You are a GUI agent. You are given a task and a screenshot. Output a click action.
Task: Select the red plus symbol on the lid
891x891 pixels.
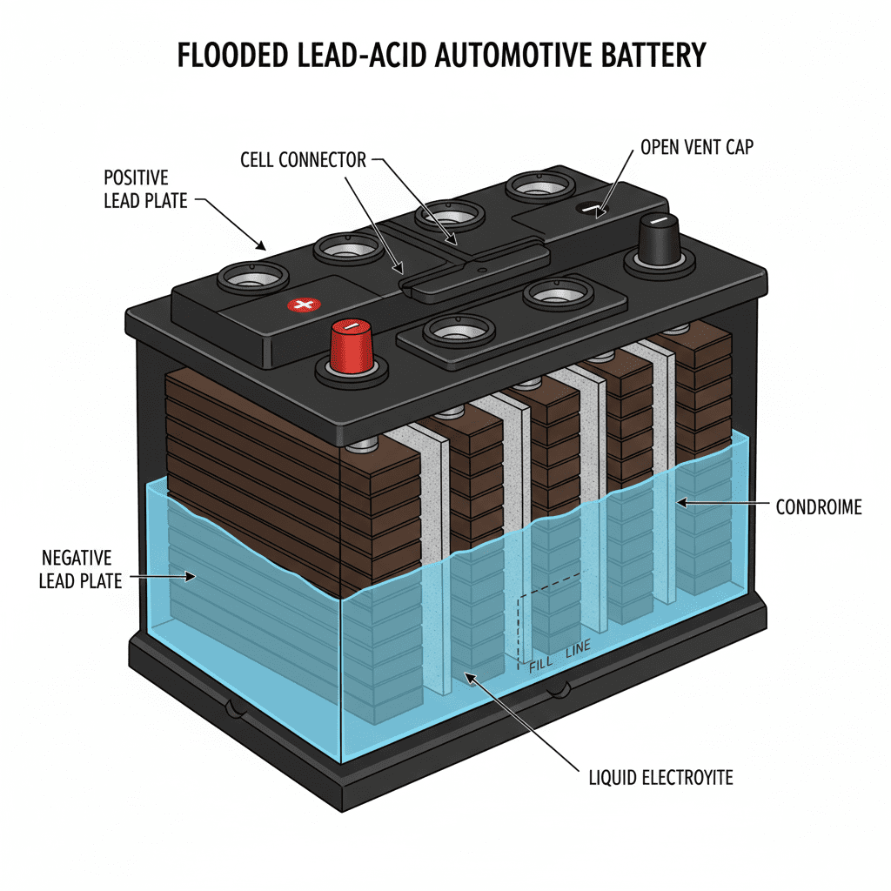304,305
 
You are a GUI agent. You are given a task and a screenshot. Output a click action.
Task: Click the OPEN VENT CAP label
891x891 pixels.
697,146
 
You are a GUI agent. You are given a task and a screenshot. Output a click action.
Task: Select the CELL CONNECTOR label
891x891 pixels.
303,160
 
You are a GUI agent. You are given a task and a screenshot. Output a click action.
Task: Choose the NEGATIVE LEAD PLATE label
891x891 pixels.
80,568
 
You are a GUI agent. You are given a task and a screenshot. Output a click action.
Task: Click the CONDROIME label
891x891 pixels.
819,506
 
